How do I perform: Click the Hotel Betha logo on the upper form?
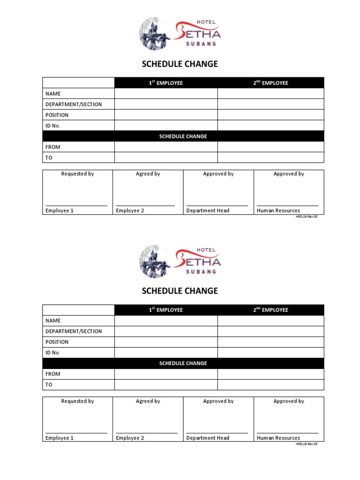pyautogui.click(x=180, y=34)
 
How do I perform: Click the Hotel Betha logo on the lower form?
pyautogui.click(x=180, y=261)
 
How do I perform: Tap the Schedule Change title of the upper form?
pyautogui.click(x=180, y=64)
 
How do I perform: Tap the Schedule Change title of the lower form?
pyautogui.click(x=180, y=291)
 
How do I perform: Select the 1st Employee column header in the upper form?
pyautogui.click(x=166, y=83)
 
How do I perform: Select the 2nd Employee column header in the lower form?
pyautogui.click(x=270, y=310)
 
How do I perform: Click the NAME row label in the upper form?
pyautogui.click(x=53, y=94)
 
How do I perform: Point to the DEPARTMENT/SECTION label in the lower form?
pyautogui.click(x=74, y=331)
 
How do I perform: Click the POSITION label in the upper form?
pyautogui.click(x=57, y=115)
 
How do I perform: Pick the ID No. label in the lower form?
pyautogui.click(x=53, y=352)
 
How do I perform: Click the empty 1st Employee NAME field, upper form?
pyautogui.click(x=166, y=94)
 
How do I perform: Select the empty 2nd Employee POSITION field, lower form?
pyautogui.click(x=270, y=342)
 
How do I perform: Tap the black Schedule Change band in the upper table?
pyautogui.click(x=183, y=136)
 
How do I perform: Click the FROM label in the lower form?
pyautogui.click(x=53, y=374)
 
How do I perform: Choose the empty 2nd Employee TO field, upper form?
pyautogui.click(x=270, y=157)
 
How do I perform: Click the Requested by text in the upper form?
pyautogui.click(x=77, y=174)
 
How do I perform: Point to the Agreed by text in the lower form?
pyautogui.click(x=148, y=401)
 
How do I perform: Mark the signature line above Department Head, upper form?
pyautogui.click(x=217, y=206)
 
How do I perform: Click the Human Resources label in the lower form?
pyautogui.click(x=278, y=438)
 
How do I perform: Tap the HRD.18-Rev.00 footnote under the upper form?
pyautogui.click(x=307, y=217)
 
